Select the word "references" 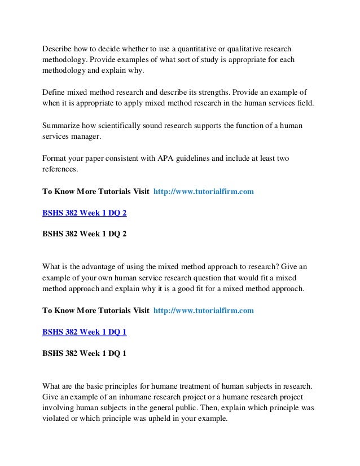point(60,170)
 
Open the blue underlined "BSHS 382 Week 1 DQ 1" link point(85,332)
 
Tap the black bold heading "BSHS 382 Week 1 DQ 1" point(85,354)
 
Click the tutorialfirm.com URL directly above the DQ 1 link point(204,310)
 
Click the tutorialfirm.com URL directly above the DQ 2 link point(204,192)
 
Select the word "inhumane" point(138,397)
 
